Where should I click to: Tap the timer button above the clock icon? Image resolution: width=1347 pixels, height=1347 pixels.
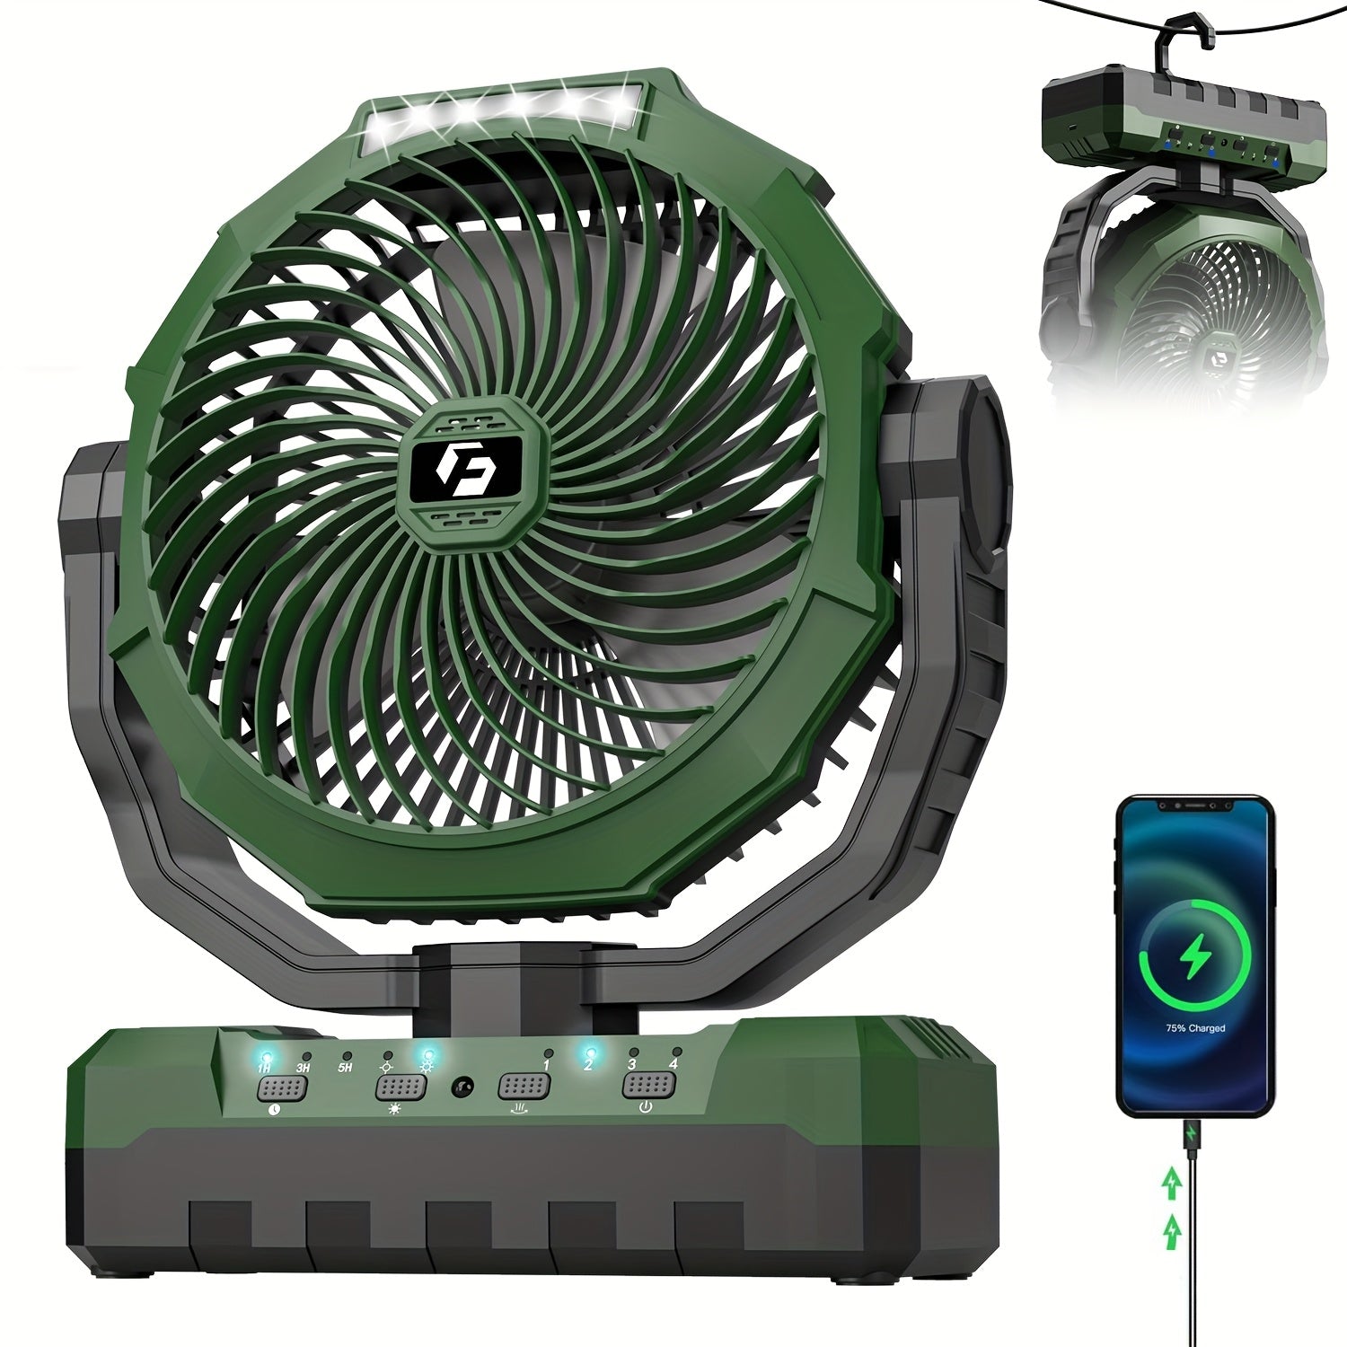[x=283, y=1088]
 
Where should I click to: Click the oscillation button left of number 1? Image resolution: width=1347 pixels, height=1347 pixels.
[x=524, y=1086]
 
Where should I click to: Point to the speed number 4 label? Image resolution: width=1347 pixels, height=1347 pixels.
[x=673, y=1063]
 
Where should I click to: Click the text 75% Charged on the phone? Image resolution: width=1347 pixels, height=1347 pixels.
[x=1195, y=1028]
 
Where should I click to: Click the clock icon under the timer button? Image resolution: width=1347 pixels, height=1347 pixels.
[x=274, y=1112]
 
